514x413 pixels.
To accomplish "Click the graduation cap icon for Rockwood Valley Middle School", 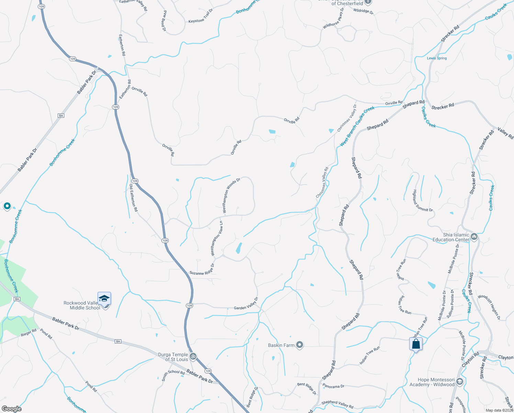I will (104, 298).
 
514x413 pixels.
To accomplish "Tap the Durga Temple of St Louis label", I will (173, 357).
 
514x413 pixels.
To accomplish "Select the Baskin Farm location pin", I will (300, 345).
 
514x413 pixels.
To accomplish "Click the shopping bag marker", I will (416, 344).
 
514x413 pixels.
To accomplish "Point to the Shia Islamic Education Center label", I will (451, 237).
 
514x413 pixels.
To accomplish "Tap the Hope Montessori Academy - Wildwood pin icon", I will (460, 382).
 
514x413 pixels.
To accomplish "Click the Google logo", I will (12, 409).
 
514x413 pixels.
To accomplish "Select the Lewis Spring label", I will (437, 58).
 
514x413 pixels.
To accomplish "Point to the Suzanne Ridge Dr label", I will (202, 270).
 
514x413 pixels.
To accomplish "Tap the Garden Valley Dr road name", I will (246, 304).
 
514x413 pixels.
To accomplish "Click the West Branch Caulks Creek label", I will (357, 126).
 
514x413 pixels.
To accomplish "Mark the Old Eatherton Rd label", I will (133, 198).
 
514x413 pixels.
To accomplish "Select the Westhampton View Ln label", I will (217, 239).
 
